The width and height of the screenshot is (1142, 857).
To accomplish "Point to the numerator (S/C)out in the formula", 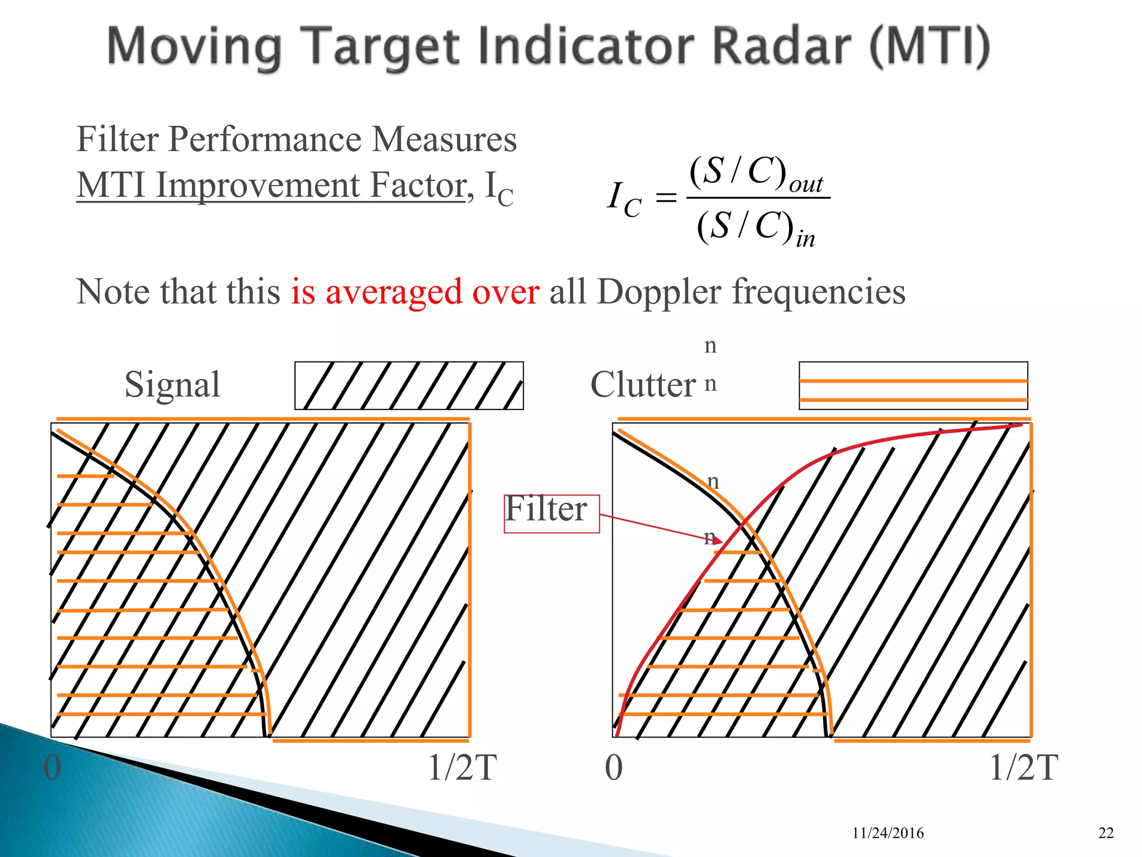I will [x=756, y=173].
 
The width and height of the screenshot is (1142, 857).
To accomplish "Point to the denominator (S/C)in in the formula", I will [x=756, y=227].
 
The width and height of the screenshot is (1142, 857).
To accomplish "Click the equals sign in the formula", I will [x=666, y=198].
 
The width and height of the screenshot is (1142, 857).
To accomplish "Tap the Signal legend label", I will [x=172, y=384].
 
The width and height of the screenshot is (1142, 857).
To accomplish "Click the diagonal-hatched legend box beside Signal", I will [x=409, y=386].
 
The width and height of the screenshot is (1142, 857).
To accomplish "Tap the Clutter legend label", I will [x=643, y=384].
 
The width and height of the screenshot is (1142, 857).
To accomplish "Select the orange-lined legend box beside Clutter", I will [x=913, y=386].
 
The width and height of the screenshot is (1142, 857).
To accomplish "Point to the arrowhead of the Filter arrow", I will [x=719, y=541].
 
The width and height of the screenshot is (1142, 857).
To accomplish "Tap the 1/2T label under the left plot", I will [x=462, y=768].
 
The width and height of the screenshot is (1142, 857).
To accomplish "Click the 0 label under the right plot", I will [x=613, y=768].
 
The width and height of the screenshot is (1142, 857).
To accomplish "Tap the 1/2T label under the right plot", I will [x=1023, y=768].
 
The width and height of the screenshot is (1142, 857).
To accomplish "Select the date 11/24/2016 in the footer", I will [x=888, y=833].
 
